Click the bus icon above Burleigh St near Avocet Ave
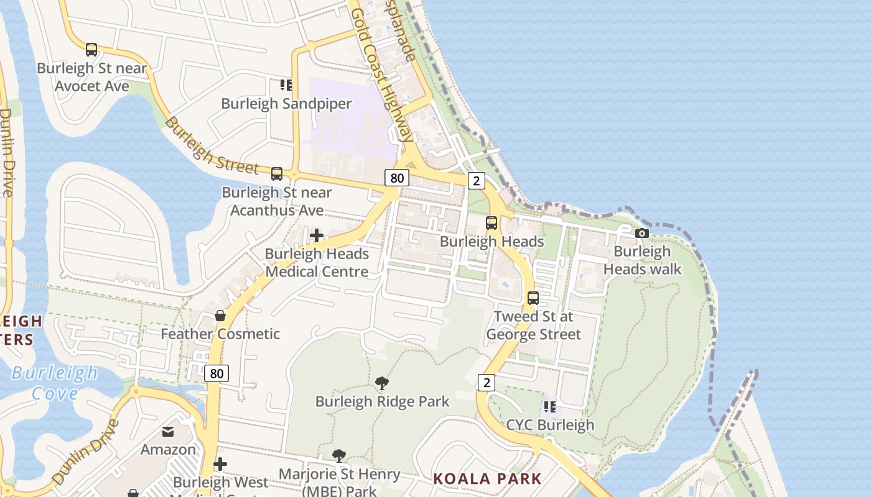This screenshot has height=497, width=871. (91, 50)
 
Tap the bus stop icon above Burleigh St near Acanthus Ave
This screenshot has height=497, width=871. (277, 174)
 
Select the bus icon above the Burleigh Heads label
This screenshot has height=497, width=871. (491, 223)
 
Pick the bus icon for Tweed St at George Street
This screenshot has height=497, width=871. (533, 298)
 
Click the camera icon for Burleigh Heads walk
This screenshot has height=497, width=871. (642, 233)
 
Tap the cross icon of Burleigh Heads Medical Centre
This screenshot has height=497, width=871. (317, 235)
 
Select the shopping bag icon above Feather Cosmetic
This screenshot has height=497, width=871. (220, 316)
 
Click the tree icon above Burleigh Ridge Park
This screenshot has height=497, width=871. (382, 383)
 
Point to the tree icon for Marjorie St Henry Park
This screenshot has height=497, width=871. (339, 457)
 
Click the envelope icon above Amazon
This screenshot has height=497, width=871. (168, 431)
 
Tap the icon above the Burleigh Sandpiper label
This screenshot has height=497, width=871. (286, 84)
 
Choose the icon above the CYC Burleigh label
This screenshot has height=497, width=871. (550, 407)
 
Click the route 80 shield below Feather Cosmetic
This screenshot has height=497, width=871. (217, 373)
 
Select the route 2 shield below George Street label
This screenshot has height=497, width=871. (487, 382)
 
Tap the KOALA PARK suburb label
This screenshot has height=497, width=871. (487, 478)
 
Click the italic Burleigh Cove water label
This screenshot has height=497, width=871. (55, 383)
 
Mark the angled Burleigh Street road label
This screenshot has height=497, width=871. (212, 146)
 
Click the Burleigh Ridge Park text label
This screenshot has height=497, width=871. (382, 401)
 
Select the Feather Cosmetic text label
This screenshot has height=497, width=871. (220, 334)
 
